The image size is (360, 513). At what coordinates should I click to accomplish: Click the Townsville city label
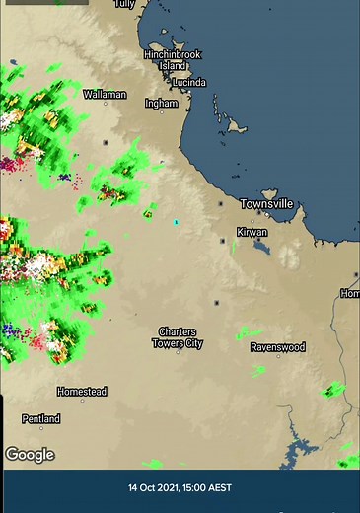(x=266, y=203)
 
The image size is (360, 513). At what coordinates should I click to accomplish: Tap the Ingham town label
(x=161, y=103)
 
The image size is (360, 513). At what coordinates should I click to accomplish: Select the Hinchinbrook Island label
(x=172, y=59)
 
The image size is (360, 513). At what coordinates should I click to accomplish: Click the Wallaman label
(x=105, y=95)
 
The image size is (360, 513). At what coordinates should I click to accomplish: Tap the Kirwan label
(x=252, y=233)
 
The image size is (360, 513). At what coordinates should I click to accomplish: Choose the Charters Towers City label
(x=178, y=337)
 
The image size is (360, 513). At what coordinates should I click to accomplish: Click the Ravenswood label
(x=277, y=347)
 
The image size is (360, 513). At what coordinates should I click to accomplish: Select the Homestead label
(x=81, y=392)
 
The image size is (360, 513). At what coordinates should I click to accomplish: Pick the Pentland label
(x=40, y=419)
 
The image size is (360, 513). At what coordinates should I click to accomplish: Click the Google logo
(x=30, y=455)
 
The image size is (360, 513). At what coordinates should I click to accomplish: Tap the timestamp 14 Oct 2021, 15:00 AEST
(x=180, y=487)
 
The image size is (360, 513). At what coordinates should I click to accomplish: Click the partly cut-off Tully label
(x=124, y=4)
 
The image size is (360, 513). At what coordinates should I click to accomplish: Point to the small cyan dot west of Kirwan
(x=176, y=222)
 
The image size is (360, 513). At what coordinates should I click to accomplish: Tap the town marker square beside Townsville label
(x=219, y=204)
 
